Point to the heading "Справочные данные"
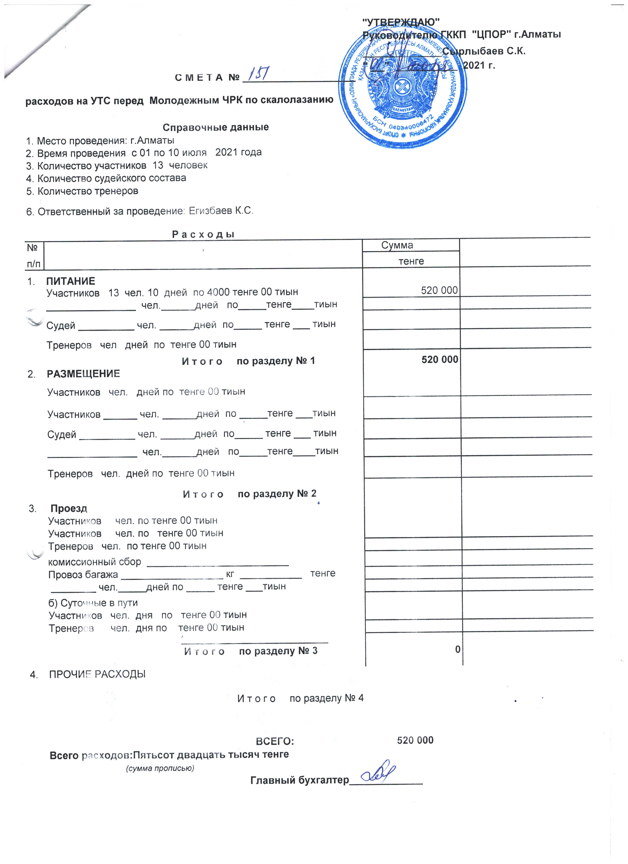pyautogui.click(x=215, y=127)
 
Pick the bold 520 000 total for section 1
pyautogui.click(x=440, y=359)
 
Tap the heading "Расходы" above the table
pyautogui.click(x=203, y=234)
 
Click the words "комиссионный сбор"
pyautogui.click(x=95, y=562)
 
